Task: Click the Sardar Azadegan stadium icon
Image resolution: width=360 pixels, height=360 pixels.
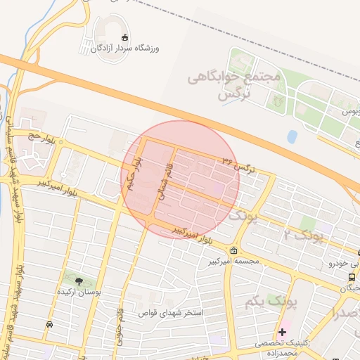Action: pyautogui.click(x=125, y=37)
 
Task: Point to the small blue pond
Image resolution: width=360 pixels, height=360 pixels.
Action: pyautogui.click(x=292, y=136)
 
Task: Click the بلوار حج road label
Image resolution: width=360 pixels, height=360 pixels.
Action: pyautogui.click(x=42, y=135)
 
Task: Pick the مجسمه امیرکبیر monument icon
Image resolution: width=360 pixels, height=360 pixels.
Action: pyautogui.click(x=233, y=252)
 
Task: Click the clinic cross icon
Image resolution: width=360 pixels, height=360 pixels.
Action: pyautogui.click(x=283, y=331)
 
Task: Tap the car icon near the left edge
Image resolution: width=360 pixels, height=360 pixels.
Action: pyautogui.click(x=49, y=324)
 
